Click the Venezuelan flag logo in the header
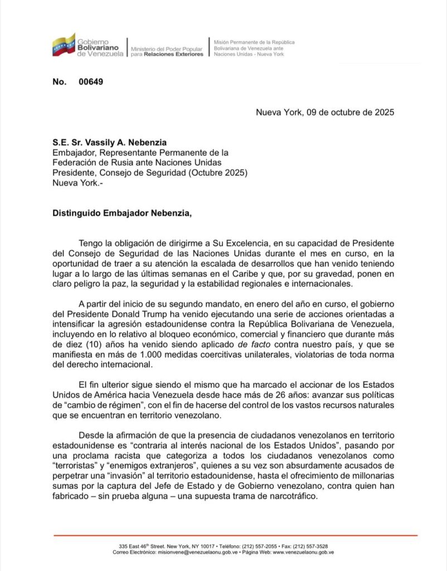64,45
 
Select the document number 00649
91,82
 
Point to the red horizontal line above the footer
235,536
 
